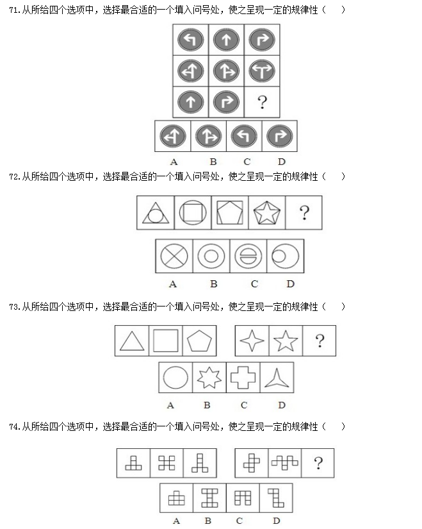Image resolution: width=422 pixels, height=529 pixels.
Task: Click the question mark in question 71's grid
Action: pyautogui.click(x=263, y=102)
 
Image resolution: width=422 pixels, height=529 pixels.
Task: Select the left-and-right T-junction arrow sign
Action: pyautogui.click(x=262, y=71)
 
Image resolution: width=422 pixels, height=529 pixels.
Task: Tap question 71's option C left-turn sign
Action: pyautogui.click(x=244, y=137)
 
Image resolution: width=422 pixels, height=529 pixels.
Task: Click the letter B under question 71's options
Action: pyautogui.click(x=213, y=162)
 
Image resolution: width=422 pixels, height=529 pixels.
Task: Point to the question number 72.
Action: pyautogui.click(x=15, y=176)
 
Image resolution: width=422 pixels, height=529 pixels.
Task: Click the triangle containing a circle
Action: pyautogui.click(x=156, y=213)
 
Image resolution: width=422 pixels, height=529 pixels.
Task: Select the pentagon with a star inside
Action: pyautogui.click(x=266, y=213)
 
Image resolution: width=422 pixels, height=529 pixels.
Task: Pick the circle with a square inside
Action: pyautogui.click(x=193, y=212)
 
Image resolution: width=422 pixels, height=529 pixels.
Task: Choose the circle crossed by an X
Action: pyautogui.click(x=174, y=256)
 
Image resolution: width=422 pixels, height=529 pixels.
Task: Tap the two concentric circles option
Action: pyautogui.click(x=211, y=256)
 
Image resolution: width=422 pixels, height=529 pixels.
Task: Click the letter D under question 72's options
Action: pyautogui.click(x=290, y=284)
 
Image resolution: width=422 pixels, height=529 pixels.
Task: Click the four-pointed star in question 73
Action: pyautogui.click(x=252, y=340)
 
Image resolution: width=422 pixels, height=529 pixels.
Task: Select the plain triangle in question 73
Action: pyautogui.click(x=132, y=340)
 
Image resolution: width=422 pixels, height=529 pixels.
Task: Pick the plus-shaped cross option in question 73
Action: pyautogui.click(x=243, y=378)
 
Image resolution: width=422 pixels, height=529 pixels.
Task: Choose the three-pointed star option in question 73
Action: pyautogui.click(x=277, y=378)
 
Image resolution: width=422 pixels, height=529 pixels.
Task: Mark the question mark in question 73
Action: pyautogui.click(x=320, y=340)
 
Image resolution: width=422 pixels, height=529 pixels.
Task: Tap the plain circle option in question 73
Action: pyautogui.click(x=175, y=378)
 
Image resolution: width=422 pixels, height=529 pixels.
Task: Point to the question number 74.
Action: pyautogui.click(x=15, y=426)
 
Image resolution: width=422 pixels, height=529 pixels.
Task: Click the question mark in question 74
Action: pyautogui.click(x=318, y=463)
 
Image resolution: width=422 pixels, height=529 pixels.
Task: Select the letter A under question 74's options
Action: pyautogui.click(x=176, y=521)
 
